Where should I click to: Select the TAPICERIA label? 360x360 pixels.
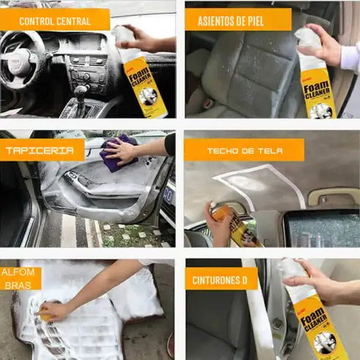coord(41,150)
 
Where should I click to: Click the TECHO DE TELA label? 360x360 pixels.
coord(243,150)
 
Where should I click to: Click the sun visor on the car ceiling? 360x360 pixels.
coord(332,197)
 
